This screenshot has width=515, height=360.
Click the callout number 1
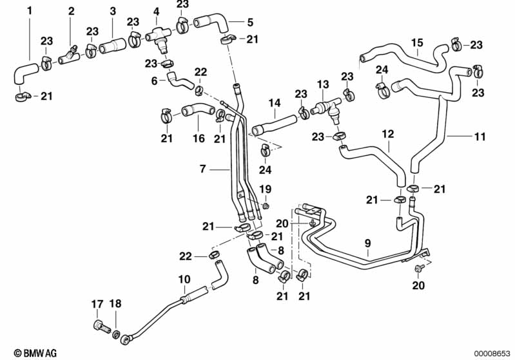[30, 11]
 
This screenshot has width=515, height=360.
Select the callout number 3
[113, 11]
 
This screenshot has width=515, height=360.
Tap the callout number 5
[250, 23]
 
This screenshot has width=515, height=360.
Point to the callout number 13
[323, 84]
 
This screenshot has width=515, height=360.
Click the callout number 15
[417, 43]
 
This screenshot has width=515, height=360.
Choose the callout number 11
[480, 136]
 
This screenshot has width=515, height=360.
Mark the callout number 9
[367, 243]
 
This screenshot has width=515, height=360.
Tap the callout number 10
[184, 279]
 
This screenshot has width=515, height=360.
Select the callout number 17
[97, 304]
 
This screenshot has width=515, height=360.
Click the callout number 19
[266, 189]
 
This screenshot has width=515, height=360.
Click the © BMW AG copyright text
[35, 353]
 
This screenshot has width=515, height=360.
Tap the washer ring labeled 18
[116, 334]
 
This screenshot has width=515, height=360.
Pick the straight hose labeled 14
[274, 124]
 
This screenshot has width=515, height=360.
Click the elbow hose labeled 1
[24, 73]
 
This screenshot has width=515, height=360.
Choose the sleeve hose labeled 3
[112, 45]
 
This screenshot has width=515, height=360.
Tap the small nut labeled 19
[266, 206]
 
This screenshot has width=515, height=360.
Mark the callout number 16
[199, 138]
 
